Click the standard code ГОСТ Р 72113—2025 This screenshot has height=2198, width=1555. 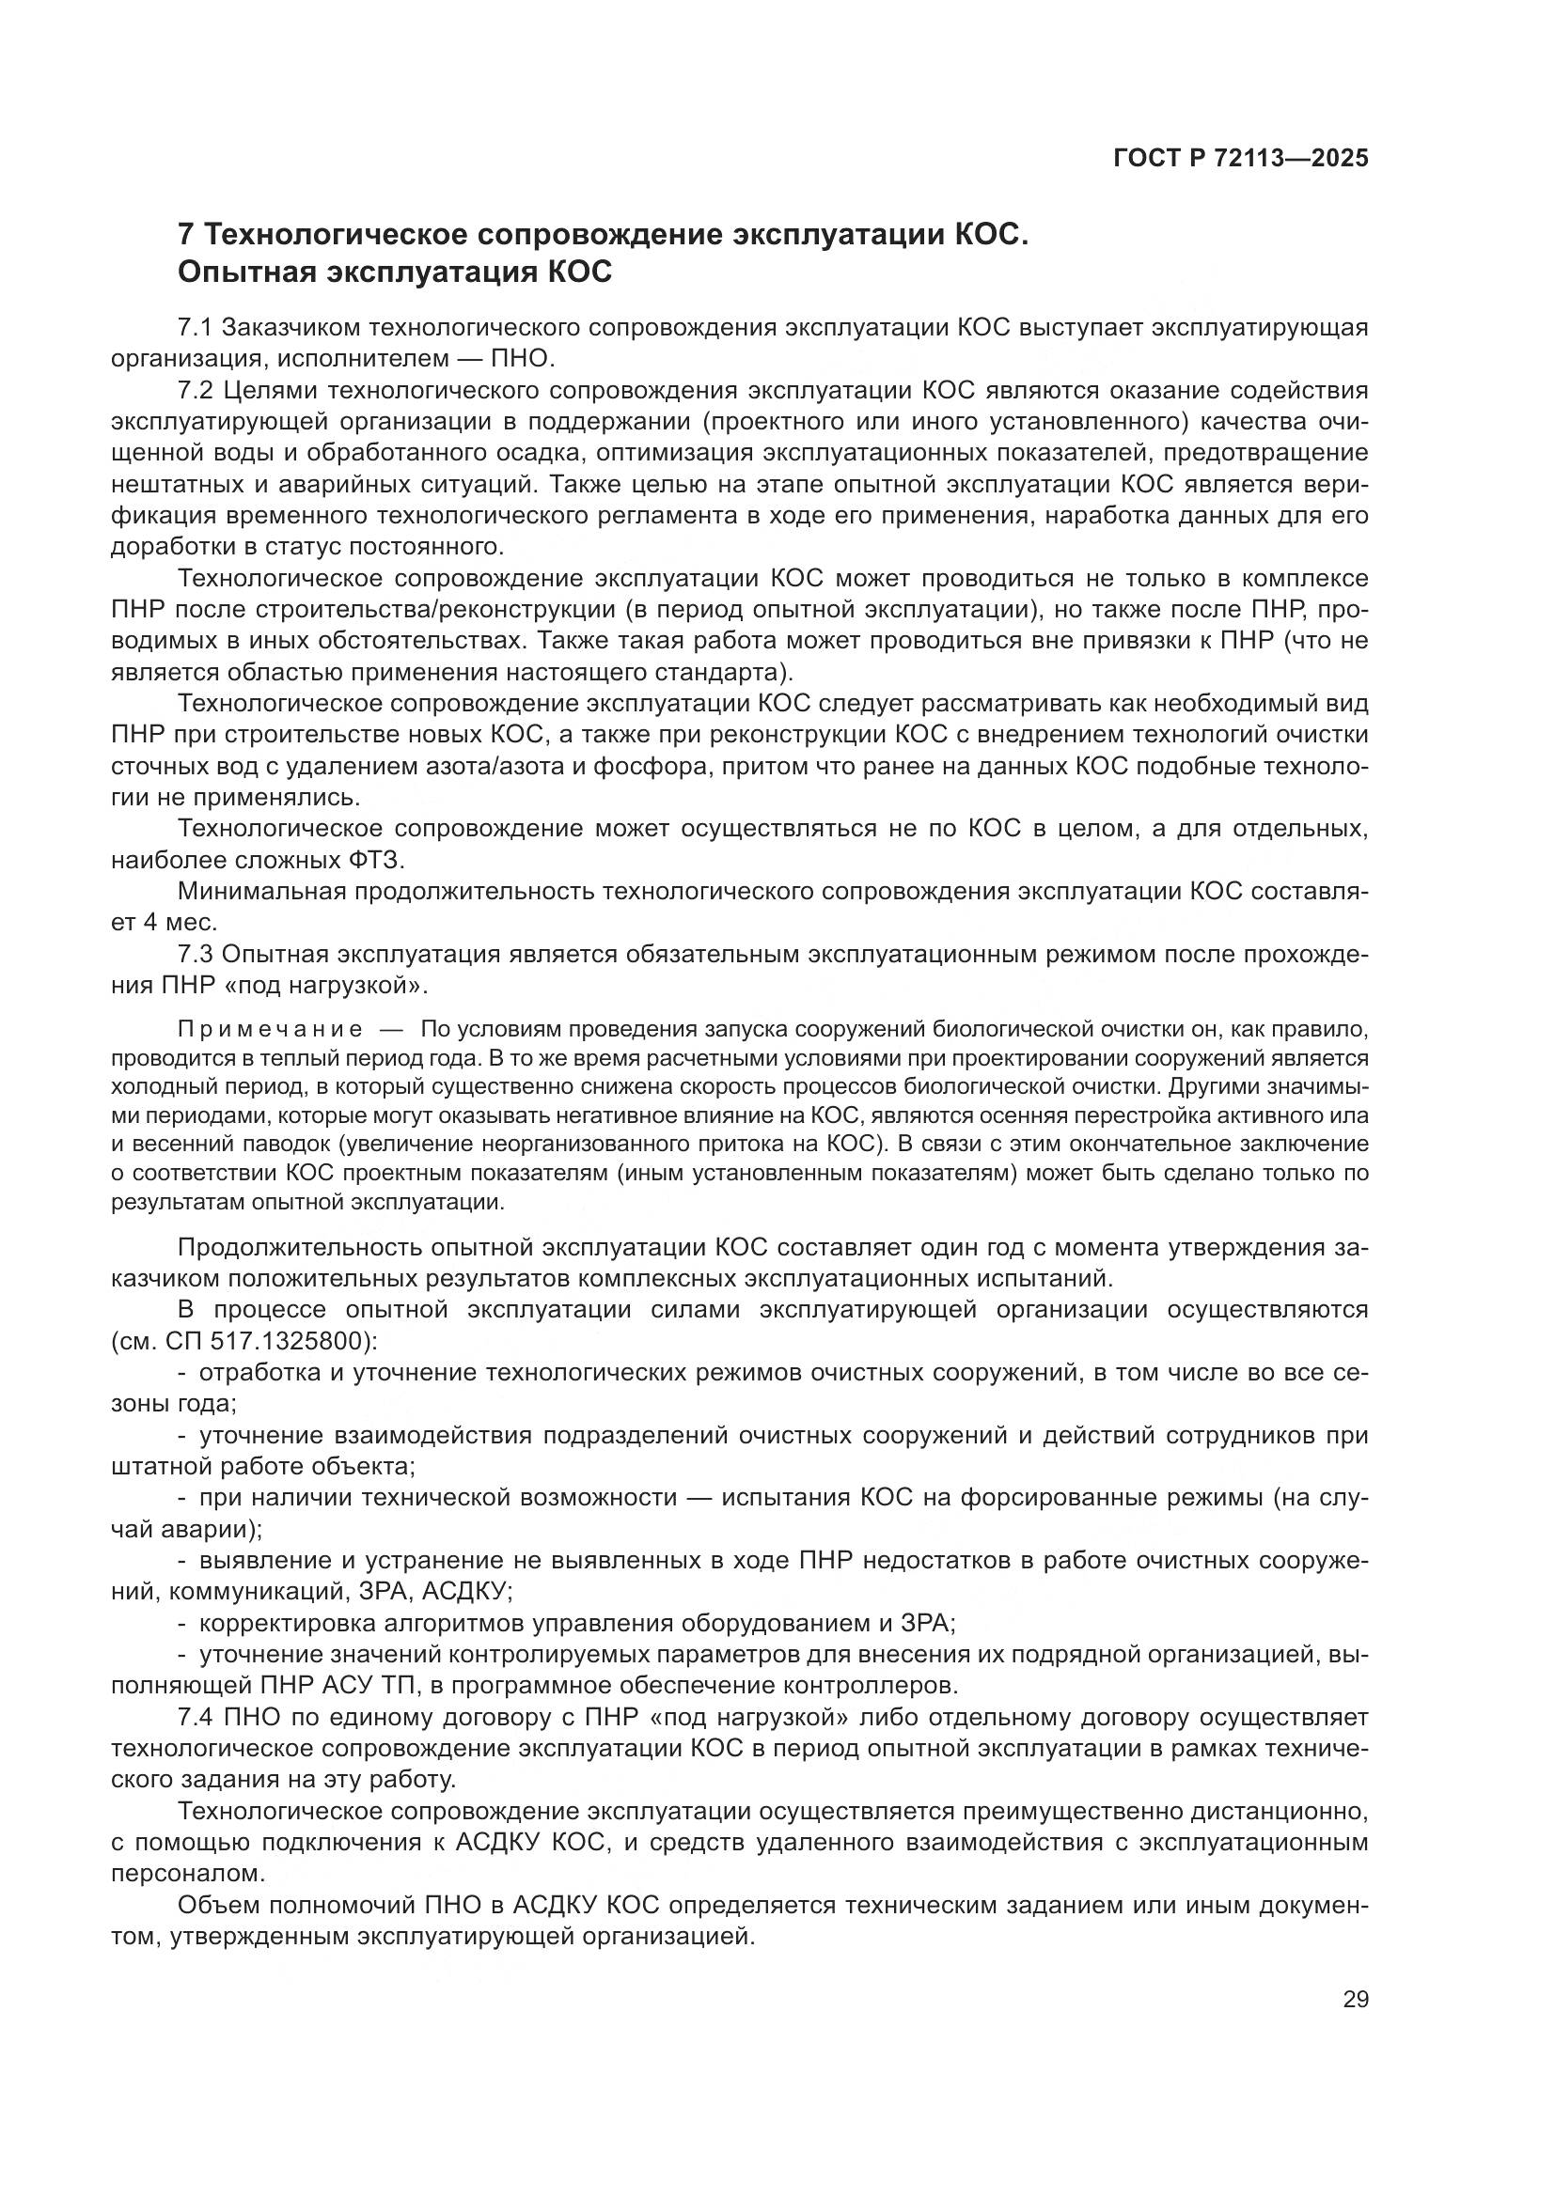coord(1240,159)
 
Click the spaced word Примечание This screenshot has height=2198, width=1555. coord(270,1030)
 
